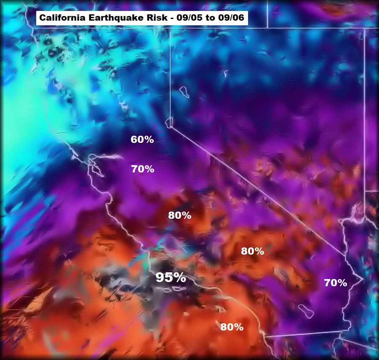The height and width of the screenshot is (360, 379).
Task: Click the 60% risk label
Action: coord(142,139)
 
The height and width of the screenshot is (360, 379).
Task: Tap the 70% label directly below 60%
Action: coord(142,169)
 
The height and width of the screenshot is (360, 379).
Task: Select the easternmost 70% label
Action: coord(336,283)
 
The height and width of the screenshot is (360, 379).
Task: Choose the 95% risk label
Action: coord(171,277)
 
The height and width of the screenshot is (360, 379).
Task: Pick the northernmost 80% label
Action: coord(180,215)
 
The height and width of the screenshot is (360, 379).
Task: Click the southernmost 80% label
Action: coord(232,327)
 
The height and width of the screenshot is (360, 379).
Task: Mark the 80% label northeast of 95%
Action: coord(253,251)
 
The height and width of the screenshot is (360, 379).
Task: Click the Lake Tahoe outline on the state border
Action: coord(169,123)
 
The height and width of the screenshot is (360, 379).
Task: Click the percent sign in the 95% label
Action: coord(179,277)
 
